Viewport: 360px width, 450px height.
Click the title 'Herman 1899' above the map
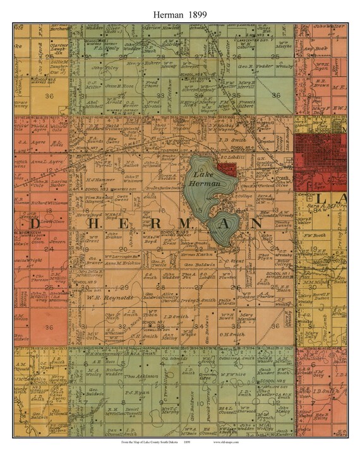(x=180, y=11)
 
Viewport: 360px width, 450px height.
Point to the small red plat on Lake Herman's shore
(x=227, y=169)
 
